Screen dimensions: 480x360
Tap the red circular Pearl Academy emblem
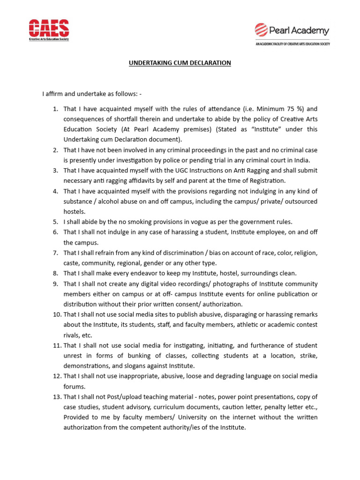(261, 30)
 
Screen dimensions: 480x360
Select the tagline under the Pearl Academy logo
(292, 44)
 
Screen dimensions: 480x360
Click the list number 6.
(55, 232)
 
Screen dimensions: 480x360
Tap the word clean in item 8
(287, 273)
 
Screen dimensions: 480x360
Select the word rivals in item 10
(72, 335)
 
